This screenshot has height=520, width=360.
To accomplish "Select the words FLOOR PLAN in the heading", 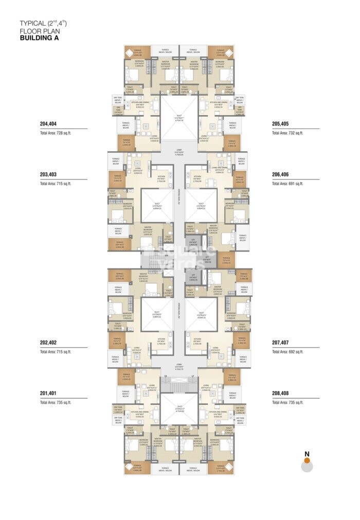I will (x=36, y=31).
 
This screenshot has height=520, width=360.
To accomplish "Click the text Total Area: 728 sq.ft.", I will (x=56, y=133).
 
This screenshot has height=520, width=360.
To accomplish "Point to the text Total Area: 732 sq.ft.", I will (x=288, y=133).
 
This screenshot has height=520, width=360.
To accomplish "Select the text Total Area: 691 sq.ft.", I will (x=288, y=184).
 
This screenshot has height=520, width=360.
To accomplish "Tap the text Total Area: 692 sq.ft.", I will (x=288, y=351).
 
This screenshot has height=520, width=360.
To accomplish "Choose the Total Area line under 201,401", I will (x=56, y=403).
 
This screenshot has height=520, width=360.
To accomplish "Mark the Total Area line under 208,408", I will (x=288, y=403).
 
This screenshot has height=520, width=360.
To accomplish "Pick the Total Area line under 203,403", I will (x=56, y=184).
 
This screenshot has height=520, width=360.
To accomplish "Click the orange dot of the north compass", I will (x=307, y=461).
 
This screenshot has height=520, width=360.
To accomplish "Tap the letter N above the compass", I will (x=307, y=454).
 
